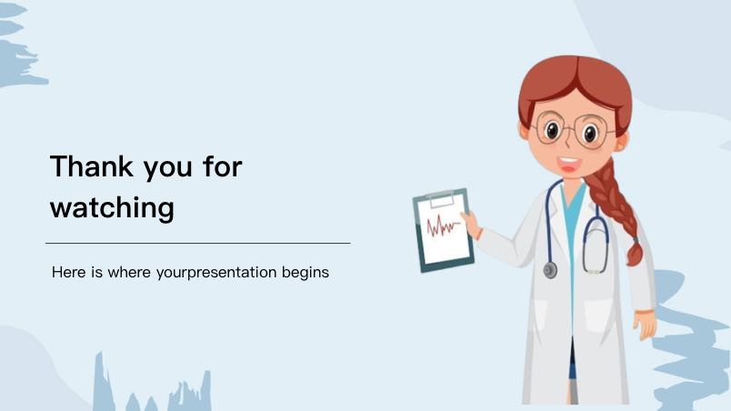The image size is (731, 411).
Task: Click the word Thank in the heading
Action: point(91,166)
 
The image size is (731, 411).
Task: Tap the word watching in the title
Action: point(112,208)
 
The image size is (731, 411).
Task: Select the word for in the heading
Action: point(223,165)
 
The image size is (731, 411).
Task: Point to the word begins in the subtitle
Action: point(305,273)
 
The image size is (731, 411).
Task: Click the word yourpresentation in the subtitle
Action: point(216,273)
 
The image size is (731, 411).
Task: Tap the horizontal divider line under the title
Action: point(198,244)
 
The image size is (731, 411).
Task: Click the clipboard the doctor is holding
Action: point(444,230)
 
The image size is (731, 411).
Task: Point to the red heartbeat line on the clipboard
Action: point(443,226)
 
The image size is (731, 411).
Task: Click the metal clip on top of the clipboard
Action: point(441,199)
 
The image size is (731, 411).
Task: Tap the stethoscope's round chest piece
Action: point(550,270)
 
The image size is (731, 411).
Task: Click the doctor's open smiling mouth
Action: point(569,165)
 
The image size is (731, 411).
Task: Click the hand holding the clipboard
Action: point(472,225)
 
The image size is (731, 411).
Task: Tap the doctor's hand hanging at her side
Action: point(646,324)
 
